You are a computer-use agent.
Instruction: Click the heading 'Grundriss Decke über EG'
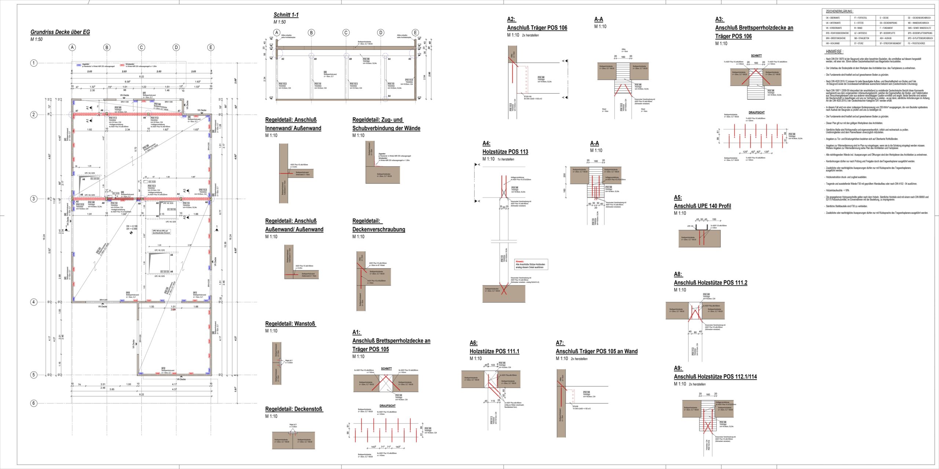[x=60, y=32]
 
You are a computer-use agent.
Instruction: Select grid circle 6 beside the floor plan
[x=34, y=403]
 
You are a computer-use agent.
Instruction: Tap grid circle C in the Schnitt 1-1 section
[x=346, y=33]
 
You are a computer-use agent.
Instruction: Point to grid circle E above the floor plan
[x=211, y=47]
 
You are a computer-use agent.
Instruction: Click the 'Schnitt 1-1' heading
[x=286, y=15]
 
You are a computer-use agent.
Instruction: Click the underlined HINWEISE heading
[x=834, y=52]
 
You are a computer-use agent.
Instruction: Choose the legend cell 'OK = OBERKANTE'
[x=833, y=18]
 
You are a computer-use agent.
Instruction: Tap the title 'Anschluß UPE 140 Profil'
[x=702, y=206]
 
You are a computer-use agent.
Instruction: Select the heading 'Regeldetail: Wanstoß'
[x=291, y=324]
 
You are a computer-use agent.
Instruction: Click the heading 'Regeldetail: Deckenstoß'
[x=294, y=409]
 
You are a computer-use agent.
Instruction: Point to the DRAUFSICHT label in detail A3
[x=757, y=112]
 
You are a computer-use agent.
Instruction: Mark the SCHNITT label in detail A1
[x=386, y=369]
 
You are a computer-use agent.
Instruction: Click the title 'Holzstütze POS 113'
[x=505, y=152]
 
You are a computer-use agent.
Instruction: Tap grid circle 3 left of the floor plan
[x=34, y=199]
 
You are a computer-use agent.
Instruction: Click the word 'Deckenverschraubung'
[x=379, y=229]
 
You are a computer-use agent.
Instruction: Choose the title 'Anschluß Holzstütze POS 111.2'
[x=710, y=282]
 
